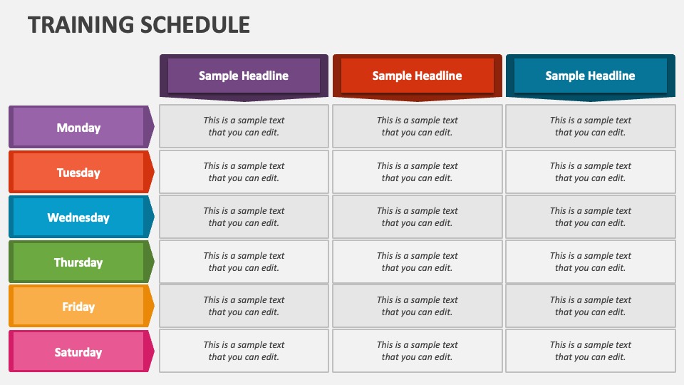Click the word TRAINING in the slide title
71,24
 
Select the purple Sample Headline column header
244,76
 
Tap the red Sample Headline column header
417,76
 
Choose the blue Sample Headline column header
590,76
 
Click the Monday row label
78,128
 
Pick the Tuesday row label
78,173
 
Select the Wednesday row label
78,217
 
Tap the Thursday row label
78,262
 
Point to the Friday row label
78,307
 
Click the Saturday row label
78,352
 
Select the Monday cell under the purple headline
244,126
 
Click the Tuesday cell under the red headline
417,172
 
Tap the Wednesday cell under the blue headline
590,217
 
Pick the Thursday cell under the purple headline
244,262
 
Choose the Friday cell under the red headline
417,306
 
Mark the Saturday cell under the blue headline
590,351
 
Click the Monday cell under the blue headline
590,126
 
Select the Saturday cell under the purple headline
244,351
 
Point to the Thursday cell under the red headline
417,262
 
